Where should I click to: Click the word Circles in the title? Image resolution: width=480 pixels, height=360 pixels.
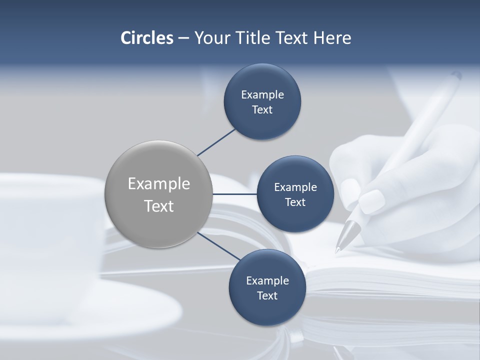tap(147, 38)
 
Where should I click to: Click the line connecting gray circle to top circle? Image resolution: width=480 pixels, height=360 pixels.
tap(216, 141)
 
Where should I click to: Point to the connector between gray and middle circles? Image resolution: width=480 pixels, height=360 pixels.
tap(234, 194)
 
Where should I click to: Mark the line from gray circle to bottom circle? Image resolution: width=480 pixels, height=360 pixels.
tap(219, 245)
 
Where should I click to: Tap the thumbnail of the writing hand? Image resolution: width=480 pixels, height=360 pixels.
tap(372, 201)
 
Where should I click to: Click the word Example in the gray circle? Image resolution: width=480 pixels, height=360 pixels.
tap(159, 184)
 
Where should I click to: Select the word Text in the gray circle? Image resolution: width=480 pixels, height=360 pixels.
tap(159, 206)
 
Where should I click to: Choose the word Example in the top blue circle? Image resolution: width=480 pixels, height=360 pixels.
tap(262, 95)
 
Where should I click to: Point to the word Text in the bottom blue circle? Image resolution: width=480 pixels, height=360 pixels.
tap(267, 295)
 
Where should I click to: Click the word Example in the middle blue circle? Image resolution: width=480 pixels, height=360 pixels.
tap(295, 187)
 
